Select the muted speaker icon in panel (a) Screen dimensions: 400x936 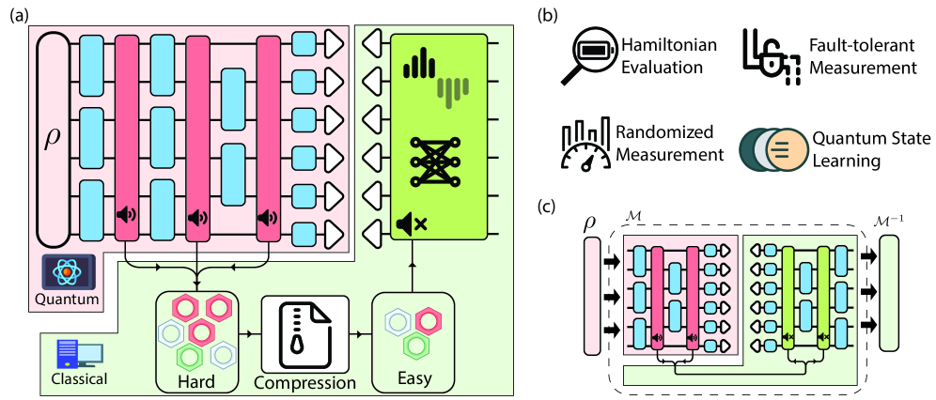[x=411, y=223]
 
